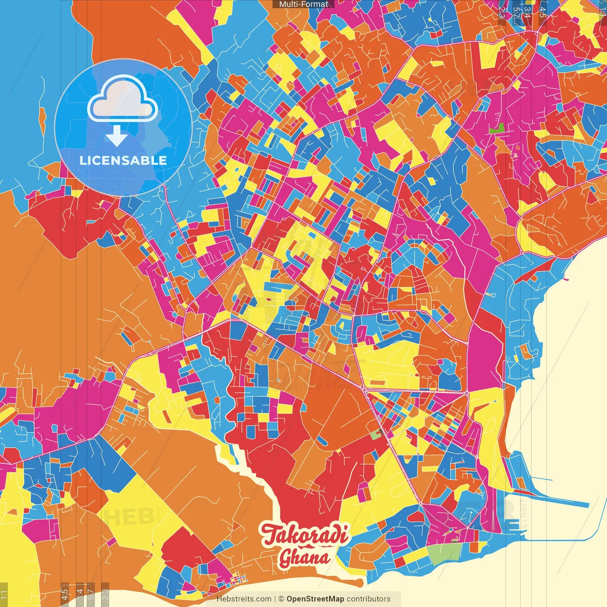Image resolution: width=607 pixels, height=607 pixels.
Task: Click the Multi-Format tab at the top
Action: [303, 4]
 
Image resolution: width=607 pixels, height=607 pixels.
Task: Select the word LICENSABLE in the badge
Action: [123, 160]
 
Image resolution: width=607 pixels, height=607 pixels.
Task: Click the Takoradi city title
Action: [305, 535]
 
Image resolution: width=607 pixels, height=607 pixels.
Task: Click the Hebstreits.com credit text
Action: [244, 599]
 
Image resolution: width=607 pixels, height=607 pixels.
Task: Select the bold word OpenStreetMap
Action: [315, 599]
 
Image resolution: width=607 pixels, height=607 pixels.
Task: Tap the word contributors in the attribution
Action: [368, 599]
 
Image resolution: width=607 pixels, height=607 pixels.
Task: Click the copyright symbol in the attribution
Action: [281, 599]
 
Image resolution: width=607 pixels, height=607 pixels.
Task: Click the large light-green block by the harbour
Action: [444, 553]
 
